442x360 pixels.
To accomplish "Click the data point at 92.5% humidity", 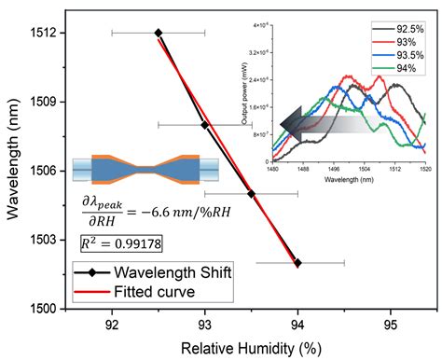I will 159,33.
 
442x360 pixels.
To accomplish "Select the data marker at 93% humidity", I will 205,124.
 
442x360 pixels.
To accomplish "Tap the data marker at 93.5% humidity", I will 251,194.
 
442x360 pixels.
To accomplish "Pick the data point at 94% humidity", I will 297,263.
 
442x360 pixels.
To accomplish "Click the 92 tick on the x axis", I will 112,324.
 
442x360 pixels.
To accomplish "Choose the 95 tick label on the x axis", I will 390,324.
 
